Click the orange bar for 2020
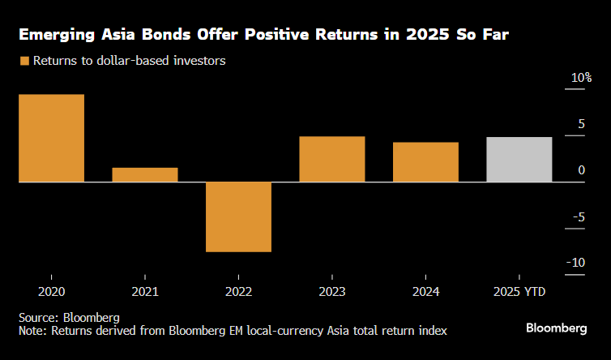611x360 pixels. [52, 138]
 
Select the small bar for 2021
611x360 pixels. [145, 174]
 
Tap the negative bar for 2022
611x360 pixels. [238, 216]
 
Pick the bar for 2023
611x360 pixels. [332, 159]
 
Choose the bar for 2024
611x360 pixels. [425, 162]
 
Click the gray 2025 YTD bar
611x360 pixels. [519, 160]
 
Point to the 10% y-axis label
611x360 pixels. [582, 78]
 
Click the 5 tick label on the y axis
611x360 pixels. [579, 124]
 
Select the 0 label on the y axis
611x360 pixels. [581, 170]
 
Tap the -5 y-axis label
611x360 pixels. [578, 216]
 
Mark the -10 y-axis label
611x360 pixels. [576, 263]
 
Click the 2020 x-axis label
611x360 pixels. [52, 290]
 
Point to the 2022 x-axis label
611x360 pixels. [238, 290]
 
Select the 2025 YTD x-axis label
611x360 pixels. [519, 290]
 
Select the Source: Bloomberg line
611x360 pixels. [70, 317]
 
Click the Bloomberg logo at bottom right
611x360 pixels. [556, 328]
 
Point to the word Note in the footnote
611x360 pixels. [33, 331]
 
